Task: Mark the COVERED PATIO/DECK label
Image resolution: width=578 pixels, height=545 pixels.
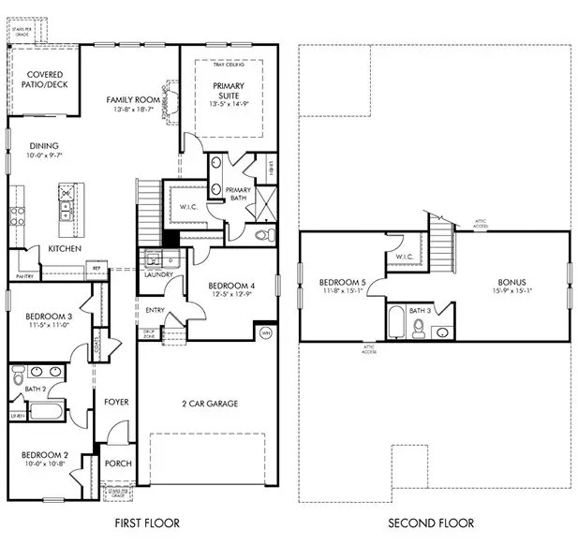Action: click(x=44, y=81)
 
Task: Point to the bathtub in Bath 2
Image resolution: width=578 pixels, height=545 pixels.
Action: click(x=46, y=409)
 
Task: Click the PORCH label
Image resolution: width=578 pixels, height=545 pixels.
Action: click(x=119, y=464)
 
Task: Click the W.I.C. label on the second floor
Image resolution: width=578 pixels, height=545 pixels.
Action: click(x=405, y=257)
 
